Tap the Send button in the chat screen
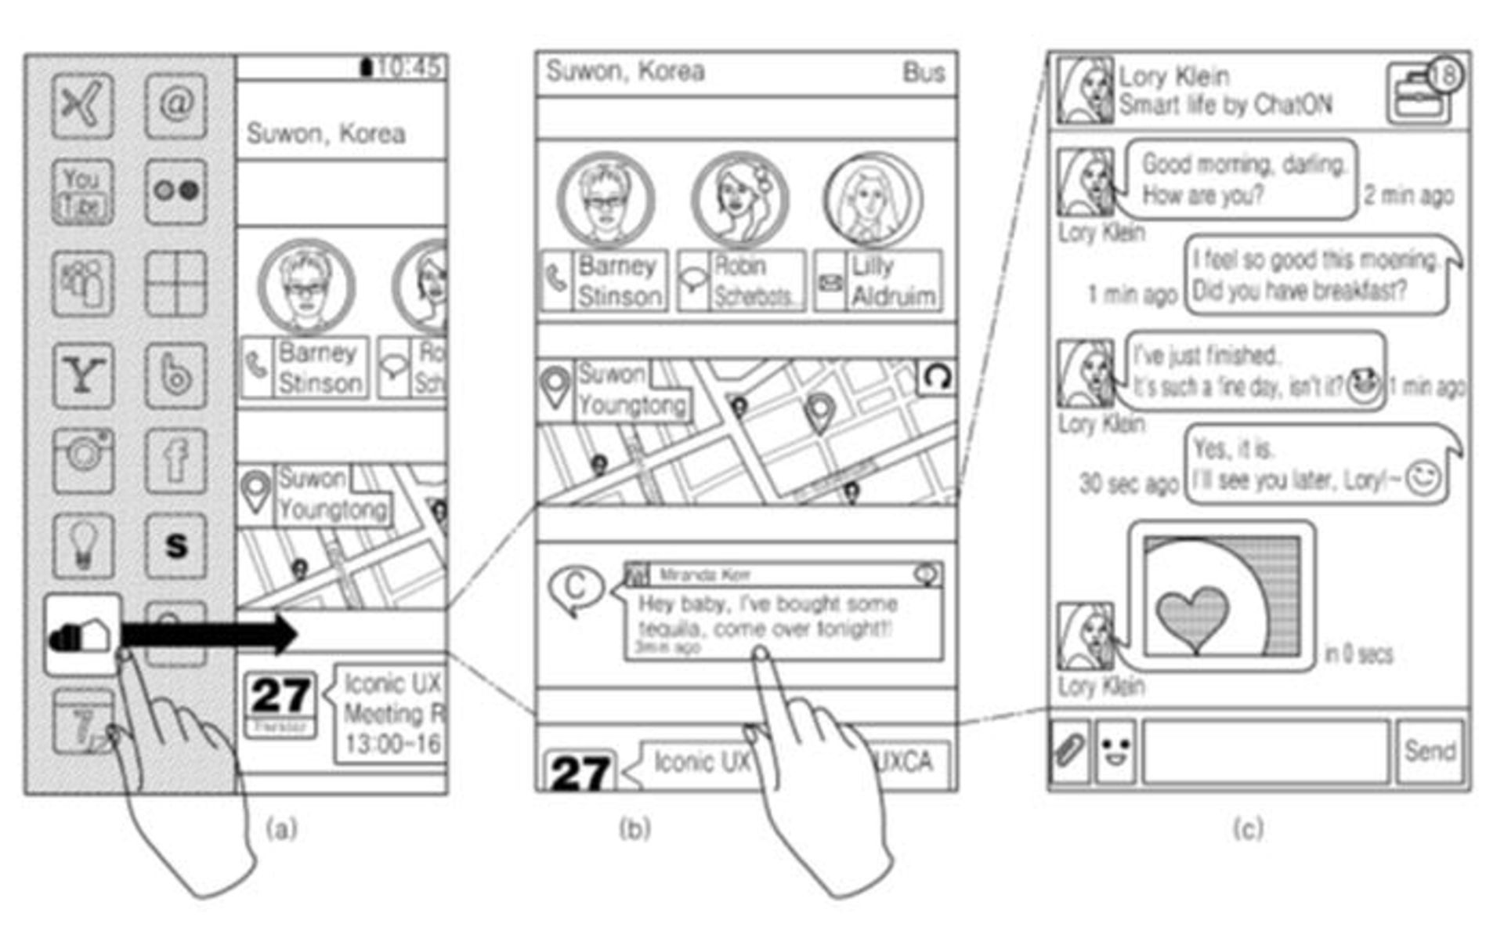(x=1430, y=751)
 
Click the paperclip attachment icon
(x=1069, y=751)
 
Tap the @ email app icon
(x=176, y=105)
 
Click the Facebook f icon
(x=176, y=460)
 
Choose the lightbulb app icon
(x=82, y=545)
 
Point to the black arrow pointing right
(x=210, y=634)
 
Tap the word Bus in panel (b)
(x=924, y=73)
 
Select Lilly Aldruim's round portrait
(x=873, y=200)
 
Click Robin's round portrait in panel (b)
(x=740, y=200)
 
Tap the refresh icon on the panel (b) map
(x=937, y=377)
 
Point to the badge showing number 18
(x=1444, y=75)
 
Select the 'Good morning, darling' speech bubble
(x=1242, y=179)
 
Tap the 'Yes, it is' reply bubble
(x=1316, y=465)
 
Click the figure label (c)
(x=1248, y=828)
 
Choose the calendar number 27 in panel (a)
(x=280, y=696)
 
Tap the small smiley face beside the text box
(x=1115, y=751)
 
